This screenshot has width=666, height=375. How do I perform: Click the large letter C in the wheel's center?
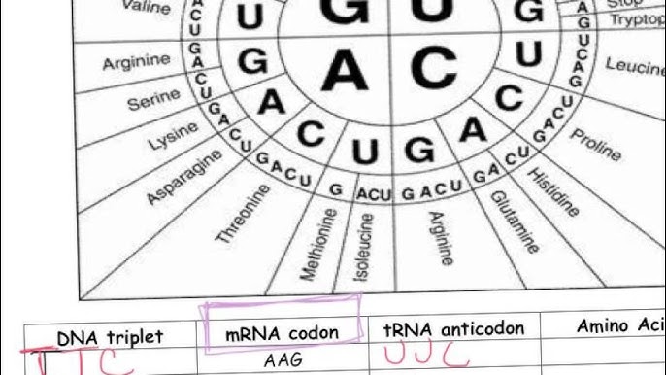pyautogui.click(x=433, y=68)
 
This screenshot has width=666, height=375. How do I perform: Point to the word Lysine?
pyautogui.click(x=173, y=135)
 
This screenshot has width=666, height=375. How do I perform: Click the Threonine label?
pyautogui.click(x=242, y=213)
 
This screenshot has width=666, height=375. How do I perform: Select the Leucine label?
pyautogui.click(x=635, y=65)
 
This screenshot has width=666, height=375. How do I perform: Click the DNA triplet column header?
pyautogui.click(x=110, y=337)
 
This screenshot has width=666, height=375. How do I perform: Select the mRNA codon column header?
pyautogui.click(x=282, y=332)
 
